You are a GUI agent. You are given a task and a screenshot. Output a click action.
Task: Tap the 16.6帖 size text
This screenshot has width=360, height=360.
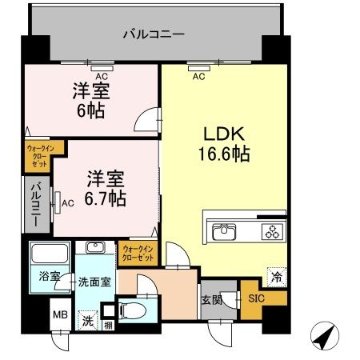pos(223,154)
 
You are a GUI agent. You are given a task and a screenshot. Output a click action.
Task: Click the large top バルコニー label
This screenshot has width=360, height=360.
pos(154,34)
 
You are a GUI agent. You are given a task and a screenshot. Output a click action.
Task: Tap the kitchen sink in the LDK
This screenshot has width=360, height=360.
pos(223,233)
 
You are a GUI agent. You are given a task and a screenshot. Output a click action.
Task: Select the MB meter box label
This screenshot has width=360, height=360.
pos(61,313)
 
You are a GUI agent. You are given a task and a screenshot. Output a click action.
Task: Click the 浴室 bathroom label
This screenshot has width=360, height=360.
pos(50,277)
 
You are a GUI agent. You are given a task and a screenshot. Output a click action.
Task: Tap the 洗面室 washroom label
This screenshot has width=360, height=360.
pos(94,282)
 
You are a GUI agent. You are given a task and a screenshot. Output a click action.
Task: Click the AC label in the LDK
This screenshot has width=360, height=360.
pos(198,77)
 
